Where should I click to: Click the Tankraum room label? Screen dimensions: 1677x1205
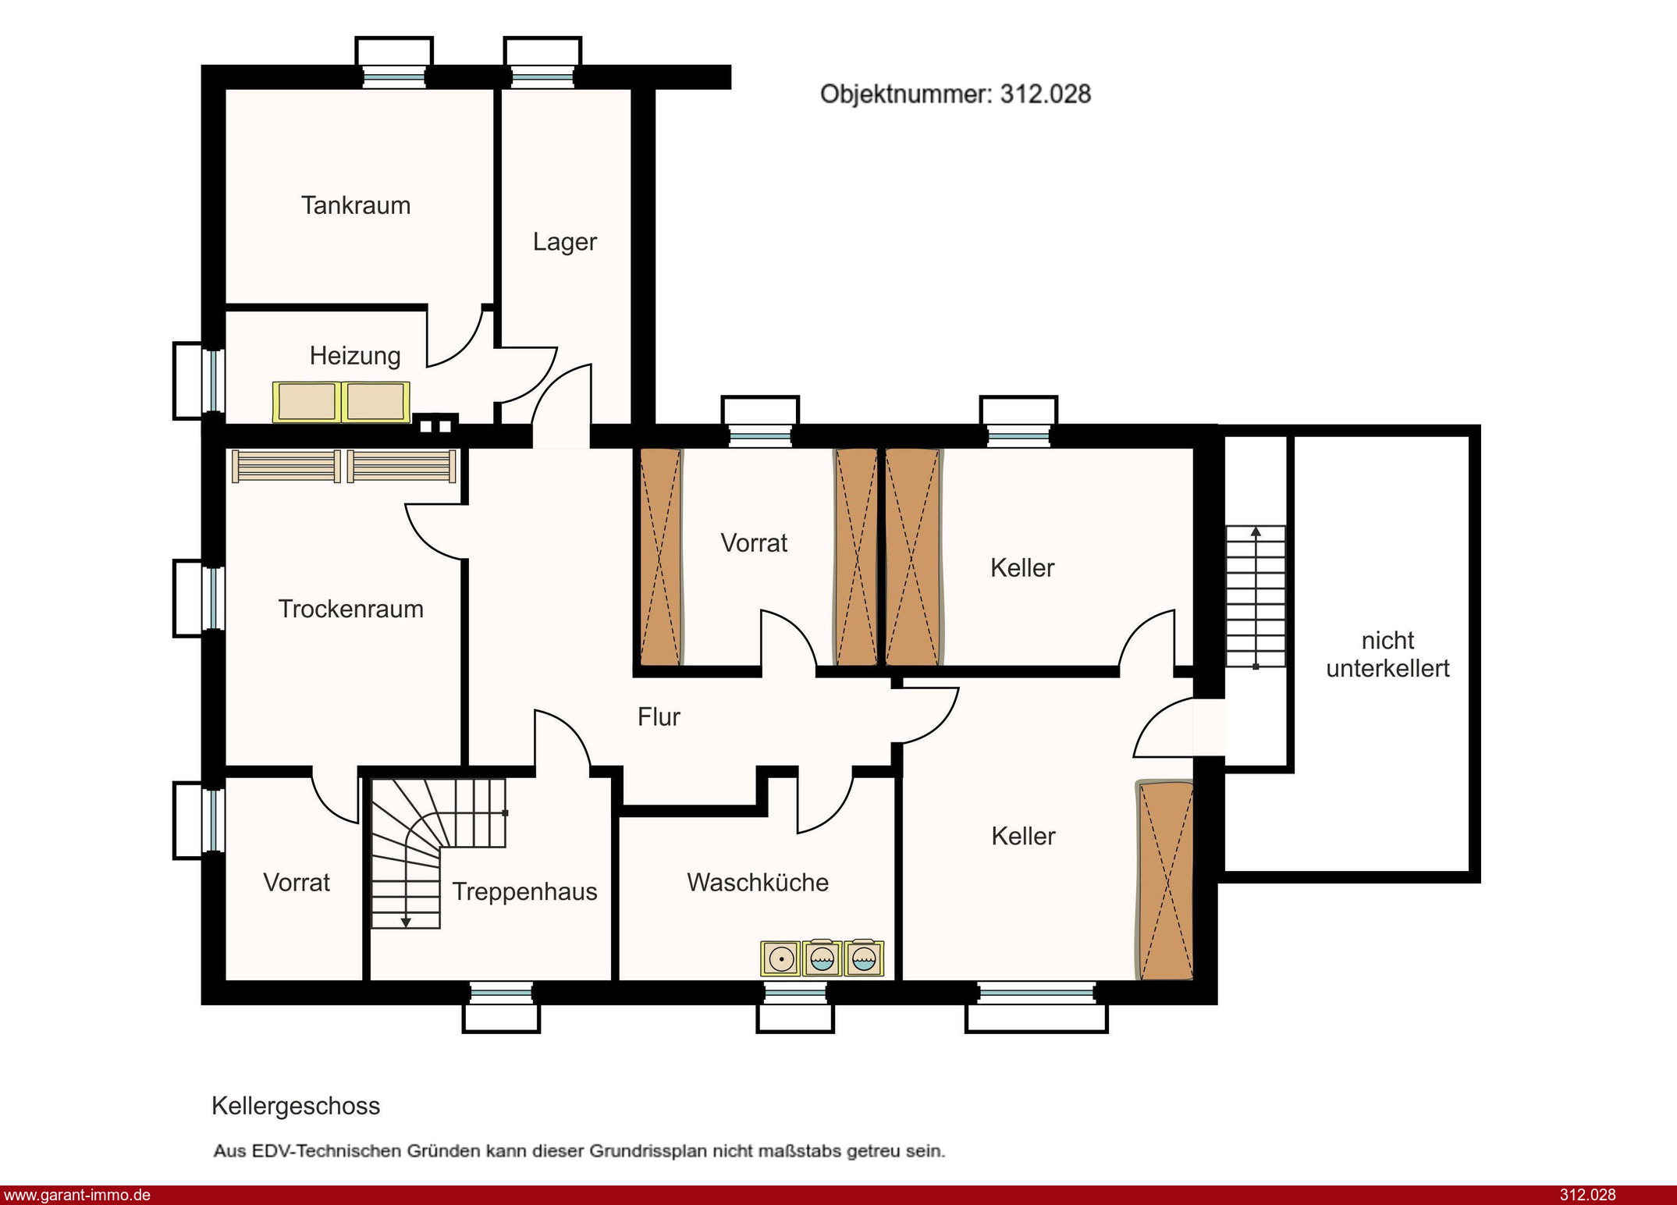tap(356, 205)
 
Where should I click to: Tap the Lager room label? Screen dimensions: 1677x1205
tap(565, 242)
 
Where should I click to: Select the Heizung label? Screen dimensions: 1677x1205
tap(355, 356)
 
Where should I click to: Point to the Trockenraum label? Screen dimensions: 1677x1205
tap(351, 609)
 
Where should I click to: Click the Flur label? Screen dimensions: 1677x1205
tap(659, 716)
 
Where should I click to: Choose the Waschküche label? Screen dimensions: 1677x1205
tap(758, 882)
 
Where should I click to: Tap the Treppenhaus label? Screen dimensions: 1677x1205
tap(525, 891)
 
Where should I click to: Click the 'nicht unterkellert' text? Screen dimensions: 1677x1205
tap(1387, 654)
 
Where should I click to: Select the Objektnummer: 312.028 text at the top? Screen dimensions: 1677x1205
tap(955, 94)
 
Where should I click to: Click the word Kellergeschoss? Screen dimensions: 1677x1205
tap(296, 1106)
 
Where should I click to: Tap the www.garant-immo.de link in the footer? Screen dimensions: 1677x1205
tap(77, 1195)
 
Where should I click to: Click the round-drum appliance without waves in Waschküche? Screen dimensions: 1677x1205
tap(781, 958)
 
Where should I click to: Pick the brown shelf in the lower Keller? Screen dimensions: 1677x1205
tap(1165, 880)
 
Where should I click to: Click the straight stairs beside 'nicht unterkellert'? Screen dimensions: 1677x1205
tap(1256, 597)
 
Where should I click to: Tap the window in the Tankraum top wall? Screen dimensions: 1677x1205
tap(394, 76)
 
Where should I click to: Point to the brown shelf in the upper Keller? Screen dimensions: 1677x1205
tap(913, 557)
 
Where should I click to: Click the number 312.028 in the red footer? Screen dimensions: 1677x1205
tap(1587, 1195)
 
